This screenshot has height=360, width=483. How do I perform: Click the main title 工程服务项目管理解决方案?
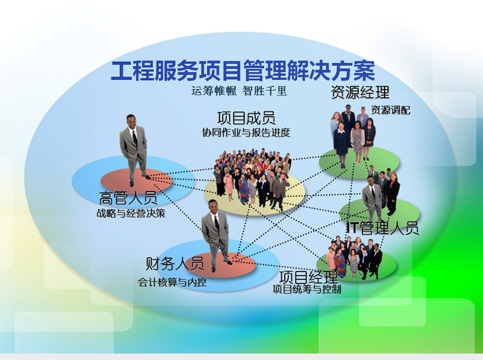243,71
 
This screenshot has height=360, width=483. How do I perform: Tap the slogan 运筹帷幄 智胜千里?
239,91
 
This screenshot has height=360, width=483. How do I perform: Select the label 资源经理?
360,93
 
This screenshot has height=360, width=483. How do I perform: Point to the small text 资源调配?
390,110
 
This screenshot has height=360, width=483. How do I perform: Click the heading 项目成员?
246,118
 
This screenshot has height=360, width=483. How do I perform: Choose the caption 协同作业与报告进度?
246,133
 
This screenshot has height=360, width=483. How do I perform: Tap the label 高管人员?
128,198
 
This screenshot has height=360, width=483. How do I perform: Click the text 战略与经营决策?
130,213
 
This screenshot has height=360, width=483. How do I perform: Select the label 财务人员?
175,264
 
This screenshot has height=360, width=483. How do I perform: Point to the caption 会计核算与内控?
172,282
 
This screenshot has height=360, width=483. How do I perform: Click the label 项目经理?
308,278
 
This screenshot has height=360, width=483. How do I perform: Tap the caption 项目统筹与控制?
307,289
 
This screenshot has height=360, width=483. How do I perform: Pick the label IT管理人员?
383,228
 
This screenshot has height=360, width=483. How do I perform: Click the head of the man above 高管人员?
131,121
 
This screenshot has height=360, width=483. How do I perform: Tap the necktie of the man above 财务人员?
217,223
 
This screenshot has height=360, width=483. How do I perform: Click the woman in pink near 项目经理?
330,259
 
